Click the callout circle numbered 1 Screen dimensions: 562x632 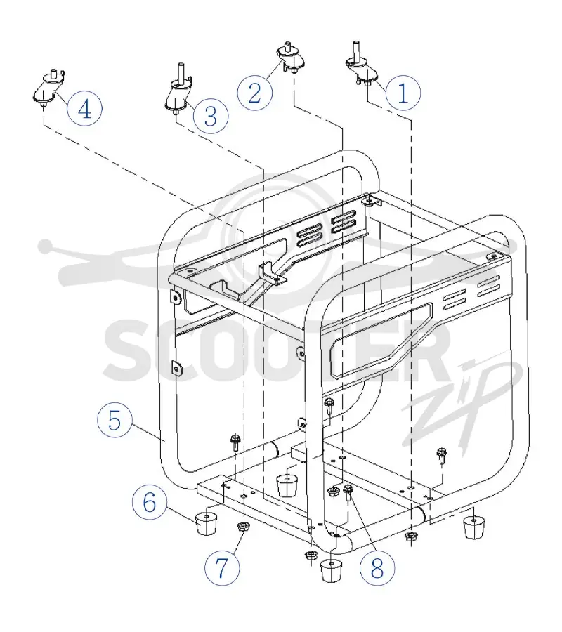[403, 93]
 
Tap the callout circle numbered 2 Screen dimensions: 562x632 [255, 93]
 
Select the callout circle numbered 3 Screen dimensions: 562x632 [211, 116]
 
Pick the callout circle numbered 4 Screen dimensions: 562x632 [85, 108]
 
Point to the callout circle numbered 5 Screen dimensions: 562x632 [115, 420]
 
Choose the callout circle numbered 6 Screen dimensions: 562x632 [150, 502]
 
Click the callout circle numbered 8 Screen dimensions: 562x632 [377, 568]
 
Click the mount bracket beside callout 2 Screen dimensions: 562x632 [290, 58]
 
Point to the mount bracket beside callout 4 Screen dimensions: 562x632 [48, 88]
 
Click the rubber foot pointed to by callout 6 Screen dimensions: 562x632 [206, 524]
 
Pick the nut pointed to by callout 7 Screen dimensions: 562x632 [242, 526]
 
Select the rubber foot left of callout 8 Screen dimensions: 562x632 [331, 570]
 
